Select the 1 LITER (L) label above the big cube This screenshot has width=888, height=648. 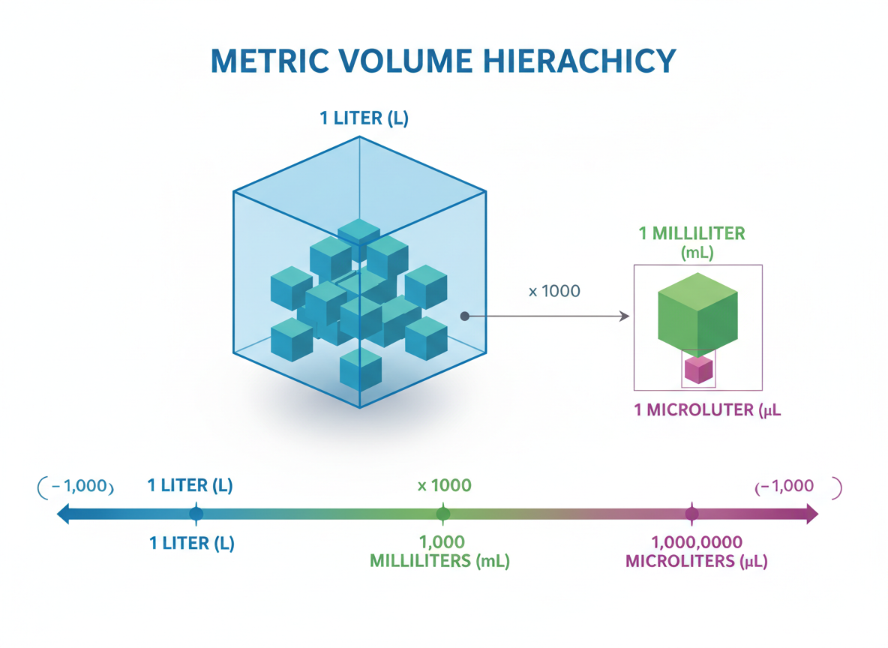[x=364, y=118]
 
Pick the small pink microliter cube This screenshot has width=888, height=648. [x=698, y=369]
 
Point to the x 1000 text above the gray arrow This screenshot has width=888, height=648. [x=554, y=291]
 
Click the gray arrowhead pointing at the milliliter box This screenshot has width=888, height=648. [x=624, y=317]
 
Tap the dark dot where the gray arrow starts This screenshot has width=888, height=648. [x=465, y=316]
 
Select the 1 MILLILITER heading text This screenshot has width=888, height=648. [x=691, y=233]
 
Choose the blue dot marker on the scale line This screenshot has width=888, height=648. [x=196, y=514]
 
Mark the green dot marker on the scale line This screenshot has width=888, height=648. [x=443, y=514]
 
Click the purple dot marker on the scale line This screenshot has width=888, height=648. [x=692, y=514]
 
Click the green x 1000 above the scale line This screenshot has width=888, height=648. [x=445, y=485]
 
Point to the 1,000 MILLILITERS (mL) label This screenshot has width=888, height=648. [x=439, y=552]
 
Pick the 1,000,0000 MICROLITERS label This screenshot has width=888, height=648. [x=697, y=552]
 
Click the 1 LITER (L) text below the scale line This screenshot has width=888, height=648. [x=192, y=543]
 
